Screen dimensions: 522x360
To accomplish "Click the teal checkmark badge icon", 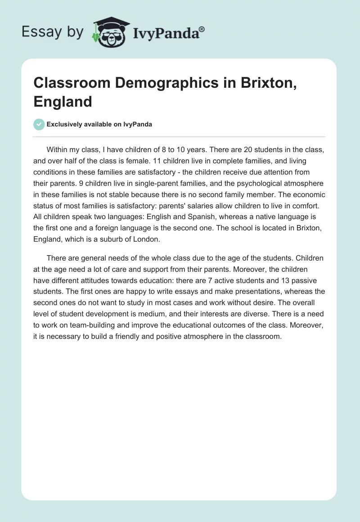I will [39, 124].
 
